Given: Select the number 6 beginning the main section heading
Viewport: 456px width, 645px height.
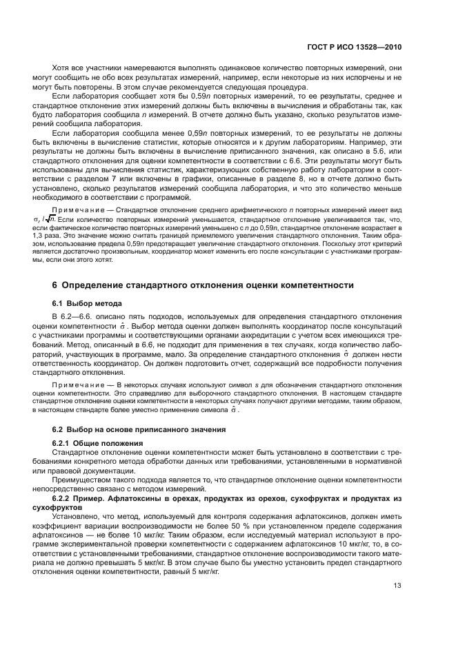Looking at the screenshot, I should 55,285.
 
